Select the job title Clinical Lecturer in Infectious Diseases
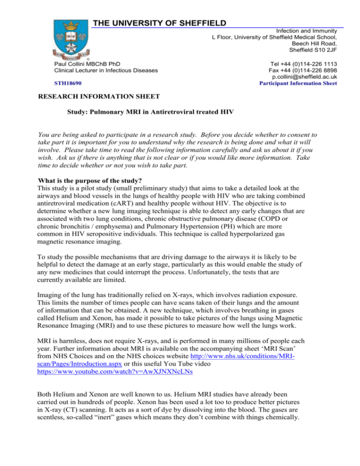pyautogui.click(x=105, y=70)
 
